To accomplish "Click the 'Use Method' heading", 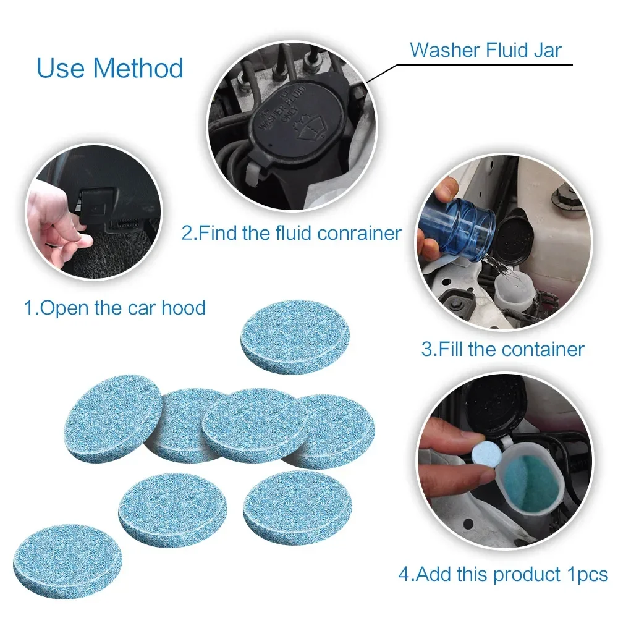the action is [x=110, y=68].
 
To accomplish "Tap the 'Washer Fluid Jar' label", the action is [x=486, y=50].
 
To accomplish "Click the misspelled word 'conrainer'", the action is [x=359, y=233].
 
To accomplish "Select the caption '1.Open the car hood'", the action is [x=115, y=307].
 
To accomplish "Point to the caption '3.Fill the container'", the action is [x=502, y=349].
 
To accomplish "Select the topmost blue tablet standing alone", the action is [x=295, y=337].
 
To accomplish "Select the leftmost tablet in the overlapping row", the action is [x=113, y=418].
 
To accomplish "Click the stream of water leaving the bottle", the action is [x=501, y=269].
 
